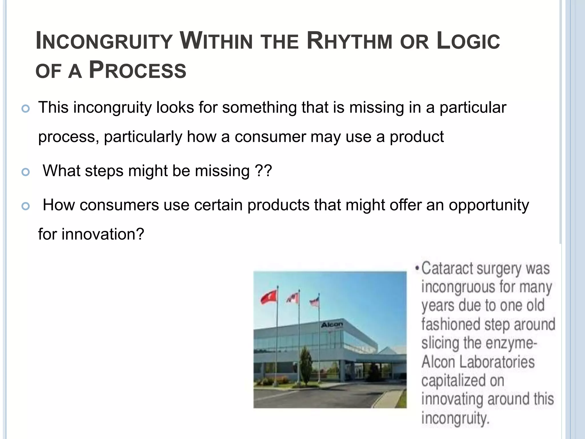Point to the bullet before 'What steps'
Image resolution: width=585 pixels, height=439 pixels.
(26, 172)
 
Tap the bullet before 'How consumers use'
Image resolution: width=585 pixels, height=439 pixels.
(26, 206)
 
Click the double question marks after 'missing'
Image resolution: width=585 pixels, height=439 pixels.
(263, 171)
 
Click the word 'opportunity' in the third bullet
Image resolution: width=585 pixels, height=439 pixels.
(489, 205)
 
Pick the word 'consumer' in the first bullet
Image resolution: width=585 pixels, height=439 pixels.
(270, 137)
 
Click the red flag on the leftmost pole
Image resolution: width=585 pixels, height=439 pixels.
(269, 297)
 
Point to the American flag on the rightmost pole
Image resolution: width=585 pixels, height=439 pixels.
(314, 302)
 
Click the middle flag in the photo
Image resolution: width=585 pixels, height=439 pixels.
(293, 298)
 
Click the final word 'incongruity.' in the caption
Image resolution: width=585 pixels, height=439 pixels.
(455, 418)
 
